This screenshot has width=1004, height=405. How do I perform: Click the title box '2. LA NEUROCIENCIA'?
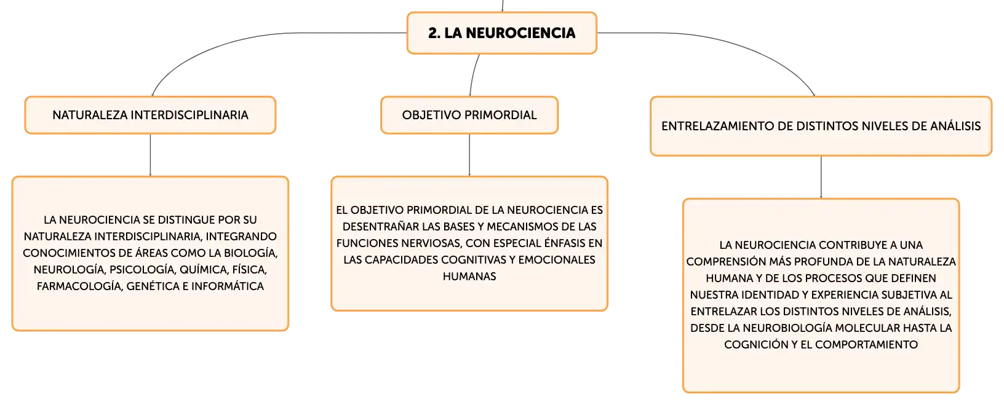point(501,33)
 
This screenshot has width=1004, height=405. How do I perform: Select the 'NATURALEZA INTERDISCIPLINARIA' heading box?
point(150,115)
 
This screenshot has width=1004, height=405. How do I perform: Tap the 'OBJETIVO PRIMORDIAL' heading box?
point(469,115)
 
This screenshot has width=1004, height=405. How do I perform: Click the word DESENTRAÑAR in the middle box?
point(380,227)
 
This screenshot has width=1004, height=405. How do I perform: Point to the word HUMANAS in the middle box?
point(469,277)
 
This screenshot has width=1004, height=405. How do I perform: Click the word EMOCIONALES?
point(557,260)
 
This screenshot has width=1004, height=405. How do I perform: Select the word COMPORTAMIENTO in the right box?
point(866,345)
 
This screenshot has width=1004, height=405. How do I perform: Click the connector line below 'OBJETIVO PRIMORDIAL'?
point(469,155)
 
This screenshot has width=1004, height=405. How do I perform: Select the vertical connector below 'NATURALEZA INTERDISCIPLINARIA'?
point(150,155)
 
